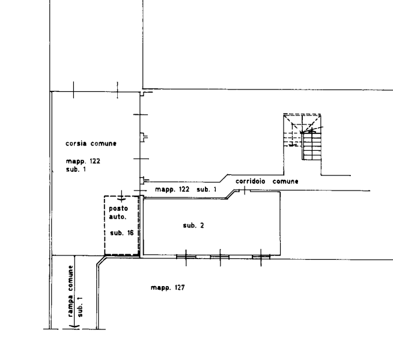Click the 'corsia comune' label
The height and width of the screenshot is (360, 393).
[91, 144]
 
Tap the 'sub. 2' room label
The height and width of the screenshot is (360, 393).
[193, 225]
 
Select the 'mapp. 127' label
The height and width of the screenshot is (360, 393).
[168, 287]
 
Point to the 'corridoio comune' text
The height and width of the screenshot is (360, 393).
[267, 182]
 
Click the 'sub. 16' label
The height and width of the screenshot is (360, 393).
[122, 233]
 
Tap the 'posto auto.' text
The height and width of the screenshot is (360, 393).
[118, 213]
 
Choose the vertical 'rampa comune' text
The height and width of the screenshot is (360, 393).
[71, 291]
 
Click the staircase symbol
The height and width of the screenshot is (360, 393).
[302, 136]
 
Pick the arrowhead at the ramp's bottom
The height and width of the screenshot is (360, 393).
[75, 326]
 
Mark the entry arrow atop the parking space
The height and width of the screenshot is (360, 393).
[121, 197]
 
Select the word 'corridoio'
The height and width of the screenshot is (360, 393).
[250, 182]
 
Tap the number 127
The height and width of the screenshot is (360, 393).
[180, 287]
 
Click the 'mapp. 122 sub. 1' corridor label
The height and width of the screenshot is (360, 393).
[186, 189]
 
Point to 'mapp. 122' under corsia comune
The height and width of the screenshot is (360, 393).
[83, 161]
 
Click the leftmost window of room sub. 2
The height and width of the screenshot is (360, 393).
[186, 257]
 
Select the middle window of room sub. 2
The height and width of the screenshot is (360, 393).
[220, 257]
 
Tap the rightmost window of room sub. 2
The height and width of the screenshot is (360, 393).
[261, 257]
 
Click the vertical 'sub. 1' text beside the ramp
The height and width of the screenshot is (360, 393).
[80, 307]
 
